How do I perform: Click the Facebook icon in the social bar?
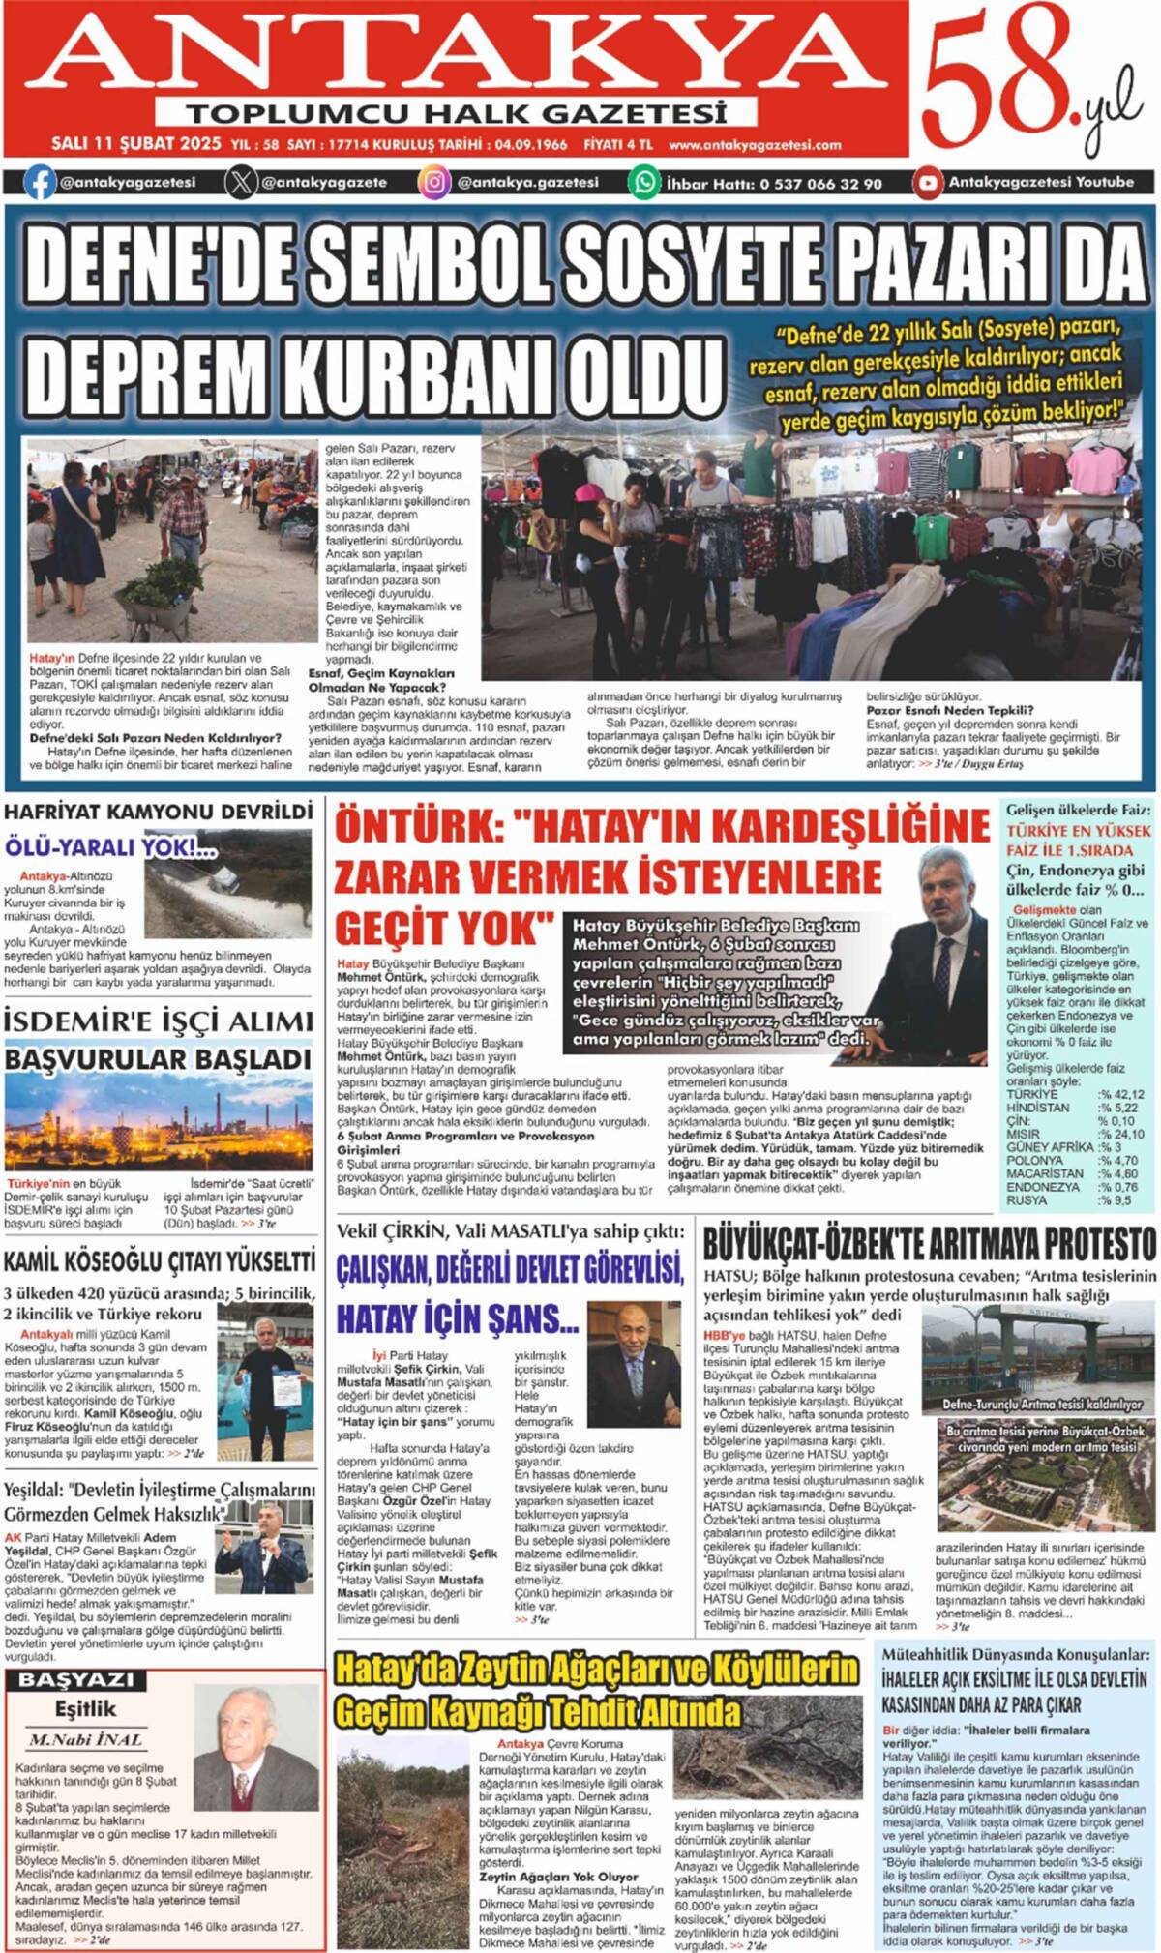(40, 182)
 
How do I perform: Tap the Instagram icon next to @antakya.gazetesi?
(434, 182)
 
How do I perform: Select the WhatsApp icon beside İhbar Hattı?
(643, 182)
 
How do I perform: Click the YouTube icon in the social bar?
(928, 182)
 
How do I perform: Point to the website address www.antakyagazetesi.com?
(755, 145)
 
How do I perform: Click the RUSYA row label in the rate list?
(1027, 1200)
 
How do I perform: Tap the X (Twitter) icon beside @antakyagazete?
(241, 182)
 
